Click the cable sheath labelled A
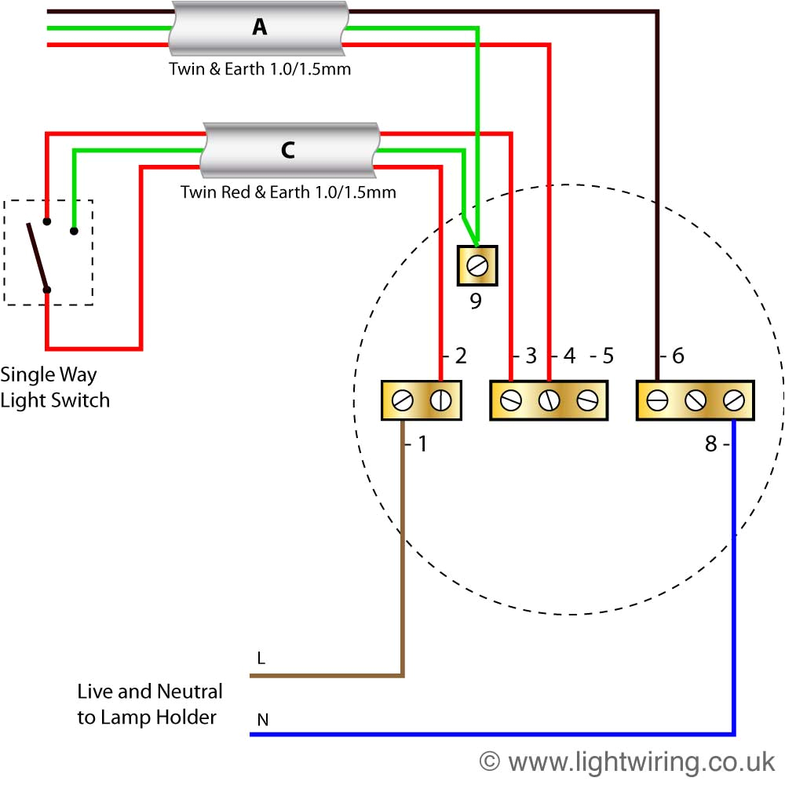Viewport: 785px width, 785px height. click(x=258, y=28)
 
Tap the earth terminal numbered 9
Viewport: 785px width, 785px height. click(x=476, y=267)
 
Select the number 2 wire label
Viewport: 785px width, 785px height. click(x=461, y=356)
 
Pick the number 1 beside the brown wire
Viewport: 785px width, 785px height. click(x=422, y=444)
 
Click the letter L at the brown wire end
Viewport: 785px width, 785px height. click(x=261, y=659)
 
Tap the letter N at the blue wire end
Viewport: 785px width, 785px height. click(x=261, y=719)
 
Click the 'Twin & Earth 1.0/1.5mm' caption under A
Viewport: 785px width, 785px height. click(x=260, y=69)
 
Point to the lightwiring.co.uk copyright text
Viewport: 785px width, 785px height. click(x=627, y=761)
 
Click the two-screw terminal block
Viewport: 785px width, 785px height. click(x=421, y=400)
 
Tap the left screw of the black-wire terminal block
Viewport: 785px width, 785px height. click(x=657, y=400)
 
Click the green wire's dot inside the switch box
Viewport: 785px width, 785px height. click(x=74, y=231)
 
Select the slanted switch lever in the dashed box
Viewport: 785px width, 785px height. click(x=38, y=256)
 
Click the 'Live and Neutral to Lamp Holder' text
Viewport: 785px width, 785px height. click(x=149, y=703)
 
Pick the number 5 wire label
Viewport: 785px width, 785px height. click(x=606, y=356)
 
